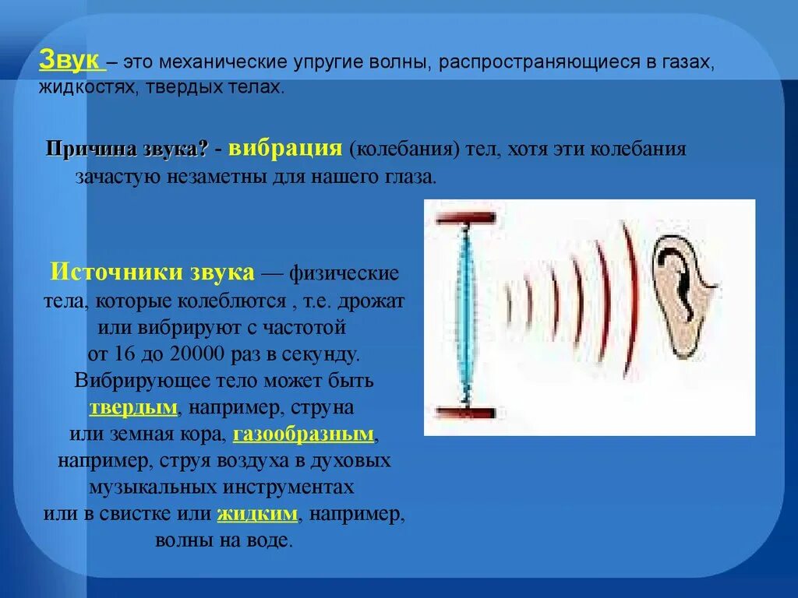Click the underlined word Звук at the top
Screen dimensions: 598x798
point(68,62)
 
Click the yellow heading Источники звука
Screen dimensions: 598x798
point(153,273)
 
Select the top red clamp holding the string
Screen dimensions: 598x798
point(466,217)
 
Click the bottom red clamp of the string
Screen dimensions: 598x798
point(466,413)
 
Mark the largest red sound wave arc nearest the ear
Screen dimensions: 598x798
point(629,301)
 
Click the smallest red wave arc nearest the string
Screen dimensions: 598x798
point(510,304)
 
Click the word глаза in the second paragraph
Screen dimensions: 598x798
point(406,176)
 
